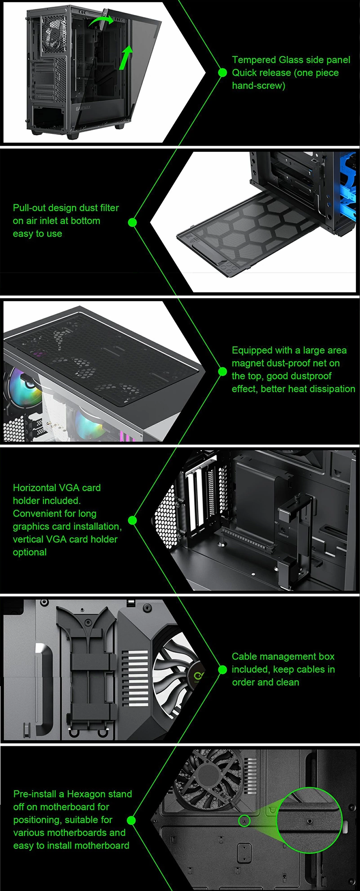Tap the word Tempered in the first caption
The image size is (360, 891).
pyautogui.click(x=254, y=60)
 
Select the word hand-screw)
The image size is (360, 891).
pyautogui.click(x=258, y=85)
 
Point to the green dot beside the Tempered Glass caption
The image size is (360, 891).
pyautogui.click(x=222, y=72)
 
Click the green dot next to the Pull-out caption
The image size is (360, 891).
pyautogui.click(x=133, y=222)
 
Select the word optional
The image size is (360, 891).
pyautogui.click(x=30, y=552)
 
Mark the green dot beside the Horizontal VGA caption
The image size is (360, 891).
pyautogui.click(x=132, y=520)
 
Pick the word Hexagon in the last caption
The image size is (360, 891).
pyautogui.click(x=89, y=794)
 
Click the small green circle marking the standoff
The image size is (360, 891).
pyautogui.click(x=244, y=820)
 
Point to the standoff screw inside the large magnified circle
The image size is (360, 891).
pyautogui.click(x=309, y=821)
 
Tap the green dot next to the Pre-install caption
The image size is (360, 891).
pyautogui.click(x=131, y=820)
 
